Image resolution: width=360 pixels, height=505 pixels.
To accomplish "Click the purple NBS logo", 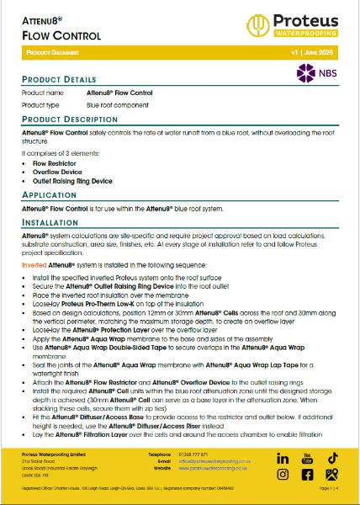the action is tap(317, 72).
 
